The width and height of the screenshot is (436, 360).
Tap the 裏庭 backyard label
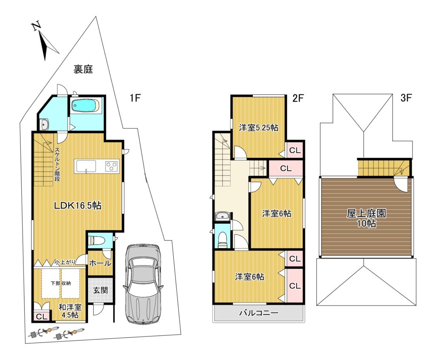pos(83,69)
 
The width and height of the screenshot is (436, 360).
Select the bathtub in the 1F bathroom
pos(85,106)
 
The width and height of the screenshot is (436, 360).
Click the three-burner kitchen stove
pos(112,166)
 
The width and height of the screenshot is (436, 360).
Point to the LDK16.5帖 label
pos(77,206)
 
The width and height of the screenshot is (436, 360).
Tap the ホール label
pos(100,263)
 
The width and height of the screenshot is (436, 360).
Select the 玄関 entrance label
pos(100,290)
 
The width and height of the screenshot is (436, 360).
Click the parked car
pos(142,284)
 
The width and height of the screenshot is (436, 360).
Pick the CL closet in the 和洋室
pos(42,316)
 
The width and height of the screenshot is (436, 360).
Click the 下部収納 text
pos(60,283)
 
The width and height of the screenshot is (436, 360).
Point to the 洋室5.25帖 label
pos(258,128)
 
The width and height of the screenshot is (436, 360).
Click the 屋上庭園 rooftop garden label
pos(366,214)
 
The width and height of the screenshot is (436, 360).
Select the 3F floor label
pos(406,98)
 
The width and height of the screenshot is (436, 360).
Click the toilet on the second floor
pos(222,240)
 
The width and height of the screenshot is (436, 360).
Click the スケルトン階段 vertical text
pos(57,164)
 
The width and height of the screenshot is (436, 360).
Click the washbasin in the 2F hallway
pos(222,216)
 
